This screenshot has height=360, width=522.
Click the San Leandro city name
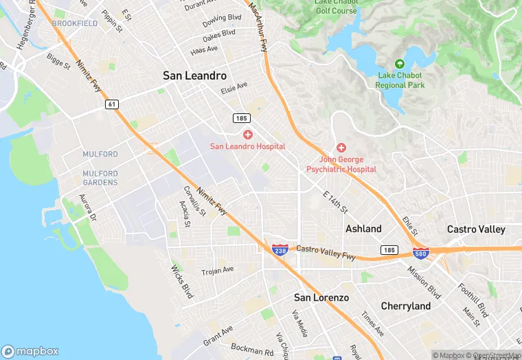pos(194,76)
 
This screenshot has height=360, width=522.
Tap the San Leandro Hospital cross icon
pos(247,135)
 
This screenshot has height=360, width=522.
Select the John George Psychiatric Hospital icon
pos(341,148)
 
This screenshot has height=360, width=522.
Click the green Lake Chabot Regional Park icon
pos(400,64)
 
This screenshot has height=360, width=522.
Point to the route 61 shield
pos(111,104)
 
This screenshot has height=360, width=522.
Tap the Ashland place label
pos(363,228)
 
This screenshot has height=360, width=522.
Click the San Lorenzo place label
pos(321,297)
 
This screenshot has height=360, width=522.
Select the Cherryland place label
pos(405,306)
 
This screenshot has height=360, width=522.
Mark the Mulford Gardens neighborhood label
pos(100,178)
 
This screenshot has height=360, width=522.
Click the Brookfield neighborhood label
pos(74,23)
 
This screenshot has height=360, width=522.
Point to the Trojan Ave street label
pos(218,271)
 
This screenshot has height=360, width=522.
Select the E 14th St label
pos(336,201)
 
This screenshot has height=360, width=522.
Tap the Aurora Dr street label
pos(88,207)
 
